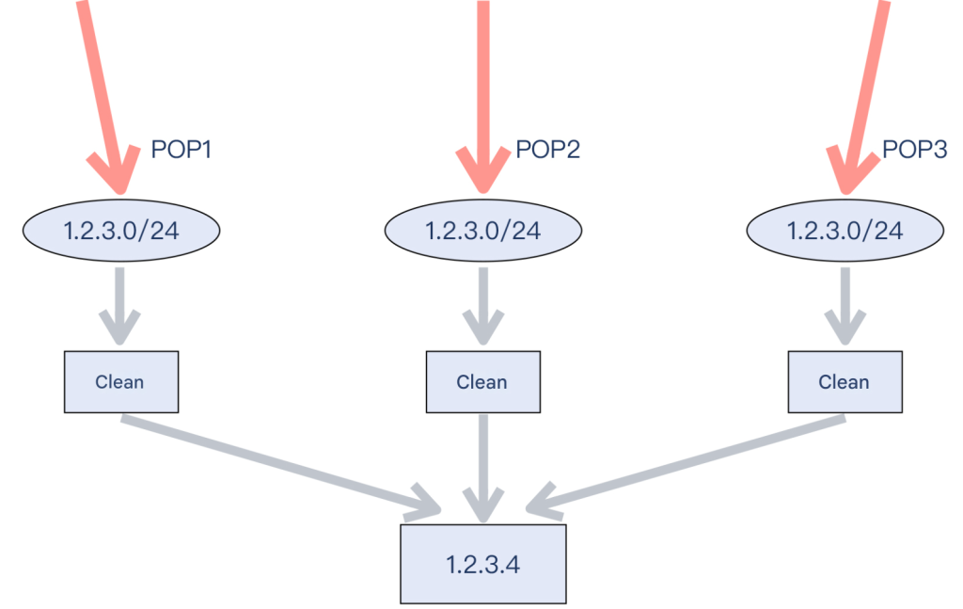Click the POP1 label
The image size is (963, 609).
point(182,150)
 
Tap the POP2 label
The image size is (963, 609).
point(548,150)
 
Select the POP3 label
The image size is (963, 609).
point(914,150)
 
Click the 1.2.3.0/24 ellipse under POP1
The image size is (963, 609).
point(121,231)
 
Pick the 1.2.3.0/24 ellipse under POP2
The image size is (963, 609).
point(483,231)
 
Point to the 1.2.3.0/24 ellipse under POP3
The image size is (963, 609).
point(845,231)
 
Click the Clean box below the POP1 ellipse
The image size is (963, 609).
point(121,381)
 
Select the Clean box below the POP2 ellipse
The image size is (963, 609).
point(483,381)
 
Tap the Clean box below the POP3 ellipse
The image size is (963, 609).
point(845,381)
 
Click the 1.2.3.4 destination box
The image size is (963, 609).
point(483,564)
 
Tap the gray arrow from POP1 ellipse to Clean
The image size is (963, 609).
point(119,305)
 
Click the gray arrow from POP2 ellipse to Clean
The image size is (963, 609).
point(483,305)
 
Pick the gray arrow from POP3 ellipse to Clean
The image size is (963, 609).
point(845,305)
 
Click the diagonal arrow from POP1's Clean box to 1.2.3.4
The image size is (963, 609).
point(281,465)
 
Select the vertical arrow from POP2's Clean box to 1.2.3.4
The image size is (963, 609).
point(483,468)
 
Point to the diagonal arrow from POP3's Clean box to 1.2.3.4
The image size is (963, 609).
point(686,465)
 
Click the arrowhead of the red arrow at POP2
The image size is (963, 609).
point(483,172)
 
